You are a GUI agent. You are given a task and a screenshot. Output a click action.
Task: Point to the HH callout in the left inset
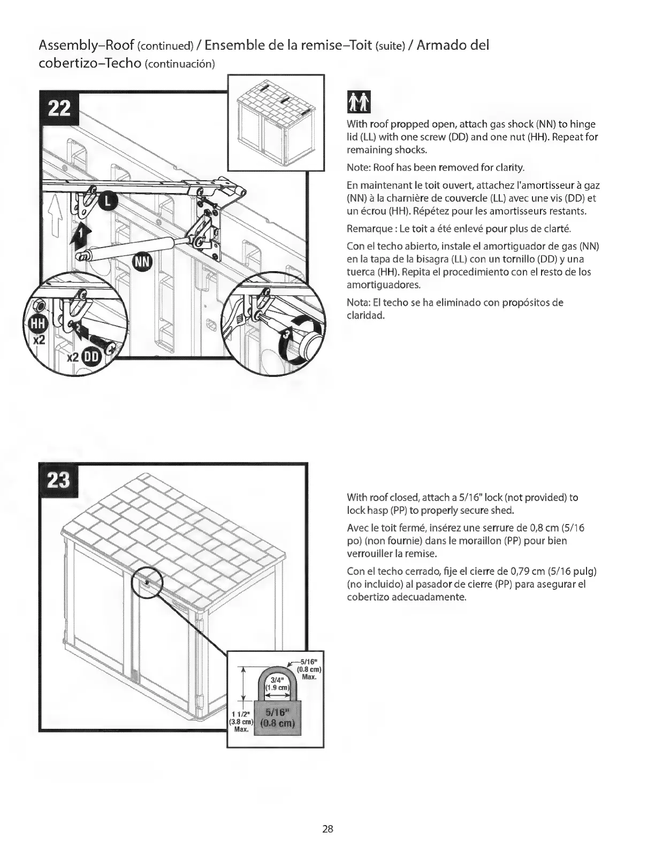click(x=37, y=323)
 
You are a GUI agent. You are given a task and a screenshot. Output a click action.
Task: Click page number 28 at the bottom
click(x=327, y=829)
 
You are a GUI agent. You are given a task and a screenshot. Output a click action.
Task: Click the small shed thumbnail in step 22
click(x=276, y=122)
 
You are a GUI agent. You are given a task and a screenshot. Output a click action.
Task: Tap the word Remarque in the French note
click(x=367, y=229)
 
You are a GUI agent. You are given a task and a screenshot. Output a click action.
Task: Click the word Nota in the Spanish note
click(x=357, y=302)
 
